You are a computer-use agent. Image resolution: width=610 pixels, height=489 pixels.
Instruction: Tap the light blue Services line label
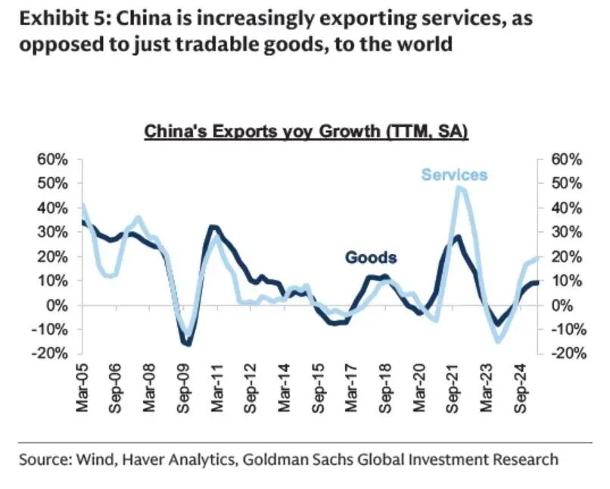pos(454,175)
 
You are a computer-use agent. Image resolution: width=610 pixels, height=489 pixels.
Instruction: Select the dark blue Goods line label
pos(371,258)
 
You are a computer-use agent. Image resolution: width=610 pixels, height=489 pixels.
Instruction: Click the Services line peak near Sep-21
pos(460,187)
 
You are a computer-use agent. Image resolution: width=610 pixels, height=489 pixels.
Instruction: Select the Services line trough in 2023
pos(498,342)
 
